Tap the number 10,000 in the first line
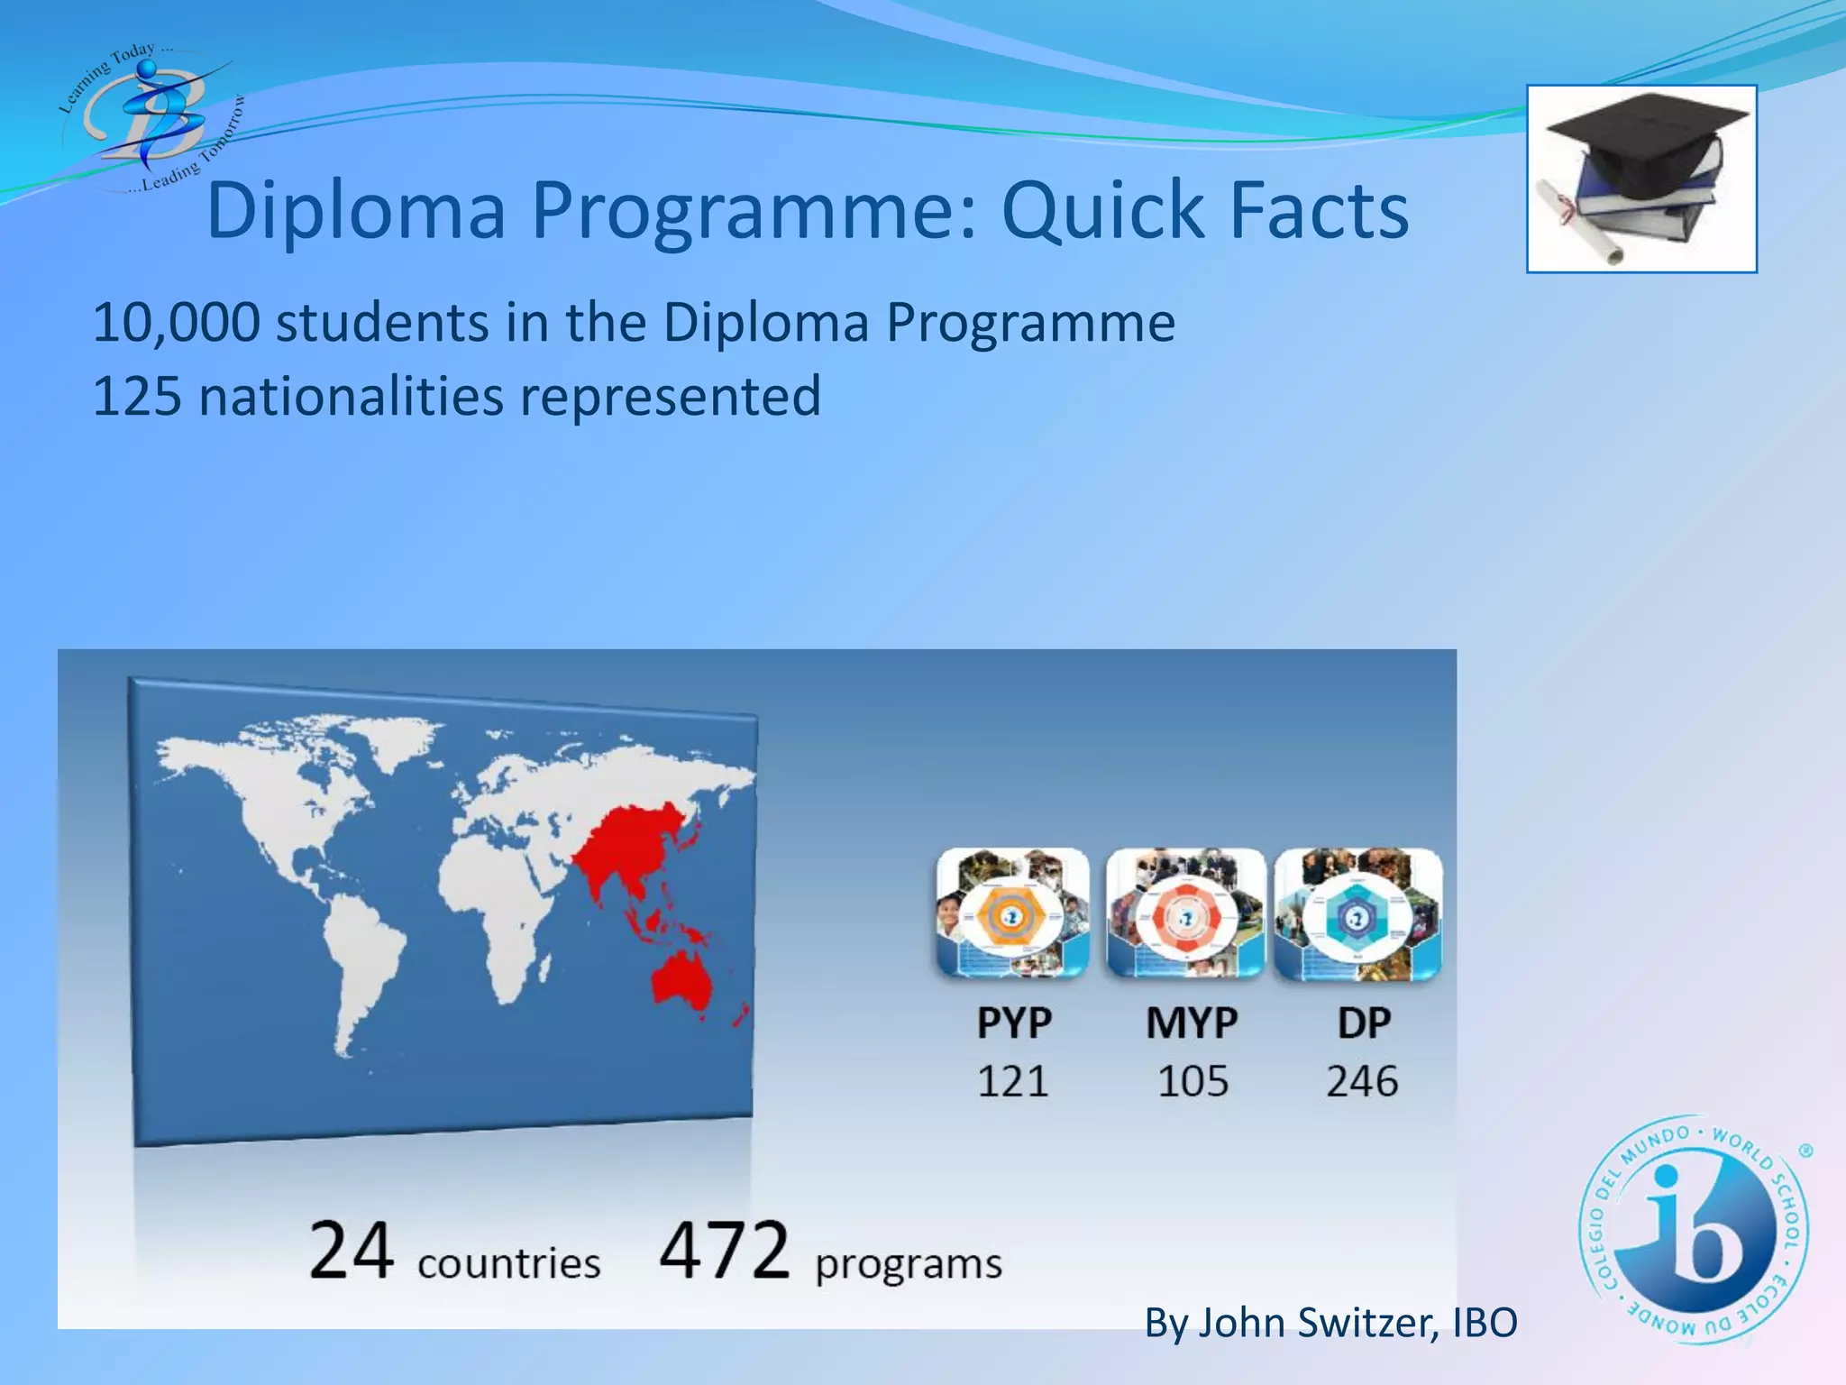(177, 323)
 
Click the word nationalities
(351, 397)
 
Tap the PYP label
(1014, 1023)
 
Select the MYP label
(1192, 1023)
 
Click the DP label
(1363, 1023)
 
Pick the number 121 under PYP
(1013, 1081)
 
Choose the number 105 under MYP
(1193, 1081)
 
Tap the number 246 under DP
(1362, 1081)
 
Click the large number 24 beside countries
(351, 1251)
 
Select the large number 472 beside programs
(724, 1251)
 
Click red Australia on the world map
(682, 983)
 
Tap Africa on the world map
(496, 902)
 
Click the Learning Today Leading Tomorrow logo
(149, 117)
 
